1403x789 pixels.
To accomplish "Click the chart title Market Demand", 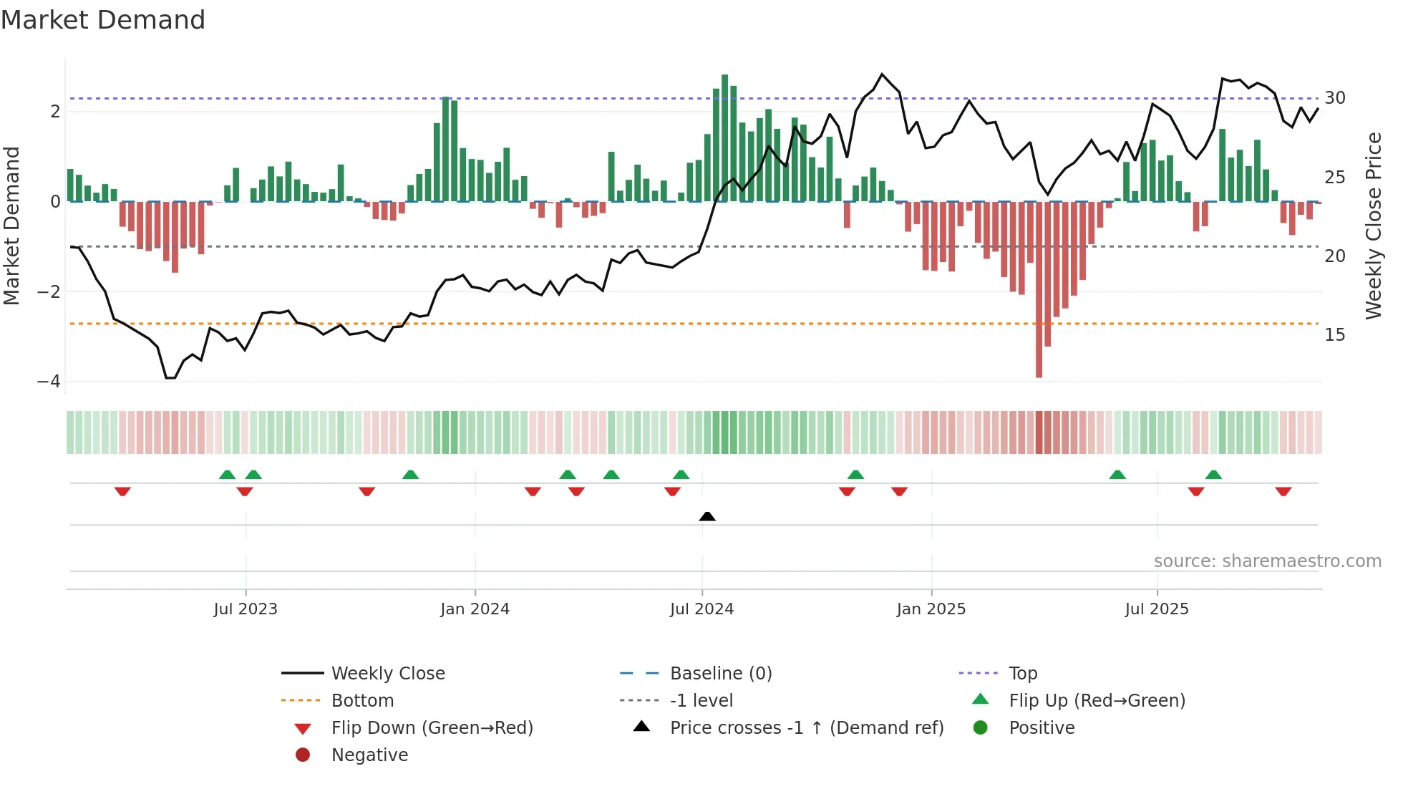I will pos(103,20).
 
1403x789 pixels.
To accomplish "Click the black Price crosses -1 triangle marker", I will pos(707,516).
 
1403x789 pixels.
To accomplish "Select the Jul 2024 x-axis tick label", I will pos(701,609).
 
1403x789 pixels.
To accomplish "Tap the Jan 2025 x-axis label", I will pos(931,609).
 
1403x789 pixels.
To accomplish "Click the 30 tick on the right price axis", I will pos(1334,98).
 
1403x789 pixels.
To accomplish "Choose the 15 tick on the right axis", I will pos(1334,335).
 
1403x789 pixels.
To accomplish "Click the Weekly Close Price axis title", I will pos(1373,226).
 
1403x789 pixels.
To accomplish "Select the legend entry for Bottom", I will pos(362,701).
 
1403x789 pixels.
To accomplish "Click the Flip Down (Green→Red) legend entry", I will pos(432,728).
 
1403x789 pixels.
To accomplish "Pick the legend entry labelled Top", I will pos(1023,674).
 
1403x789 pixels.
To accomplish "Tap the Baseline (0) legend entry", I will pos(721,674).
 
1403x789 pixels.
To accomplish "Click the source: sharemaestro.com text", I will pos(1267,561).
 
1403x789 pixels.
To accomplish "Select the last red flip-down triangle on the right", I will pos(1283,491).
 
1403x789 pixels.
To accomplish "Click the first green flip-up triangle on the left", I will pos(227,475).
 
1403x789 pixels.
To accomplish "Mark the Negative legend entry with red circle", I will pos(369,755).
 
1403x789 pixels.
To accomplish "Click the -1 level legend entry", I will pos(701,701).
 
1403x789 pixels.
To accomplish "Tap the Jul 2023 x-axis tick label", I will pos(246,609).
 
